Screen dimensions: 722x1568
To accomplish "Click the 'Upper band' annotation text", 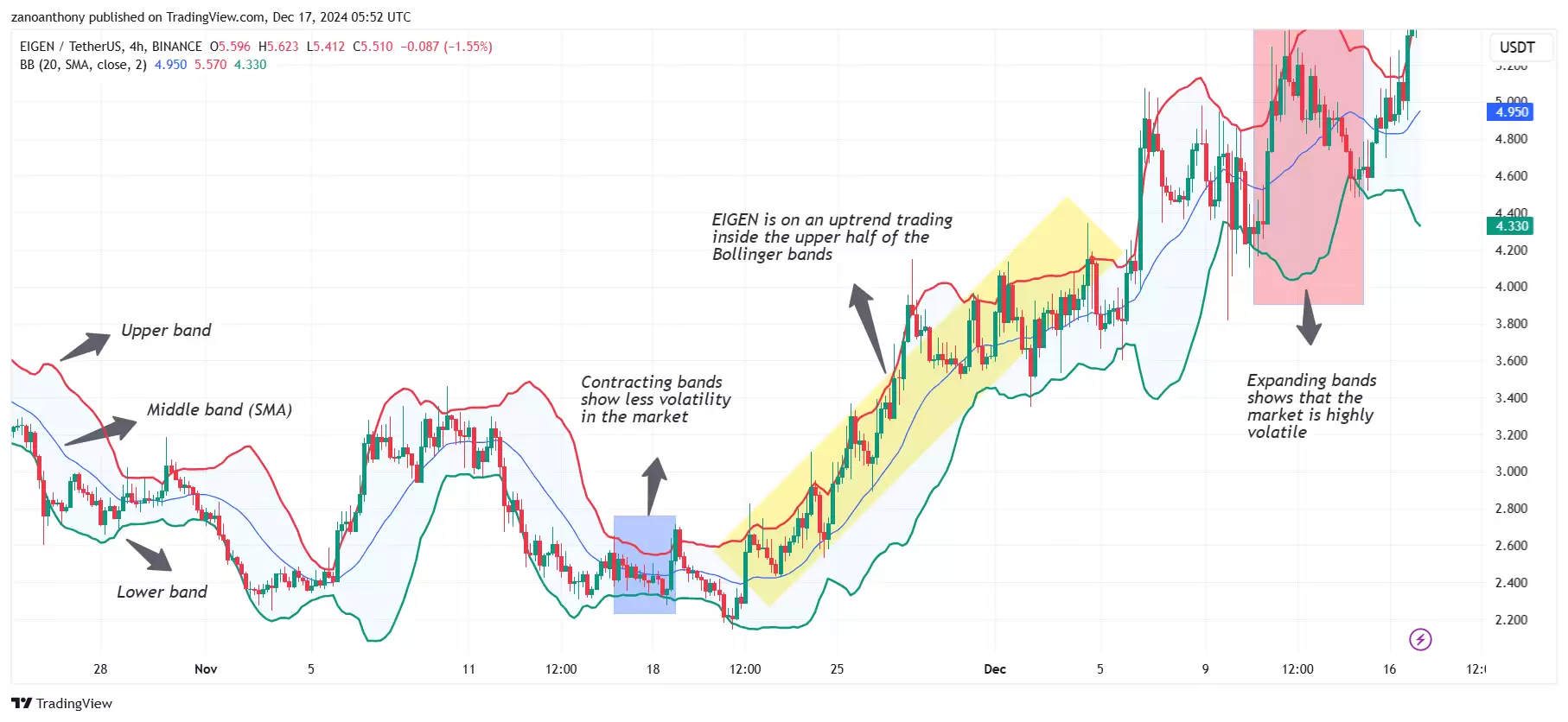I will (166, 331).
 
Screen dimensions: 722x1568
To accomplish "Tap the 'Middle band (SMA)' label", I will (219, 410).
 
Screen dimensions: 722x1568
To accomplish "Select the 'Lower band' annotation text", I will (162, 592).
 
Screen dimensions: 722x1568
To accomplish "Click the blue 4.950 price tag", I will (1511, 112).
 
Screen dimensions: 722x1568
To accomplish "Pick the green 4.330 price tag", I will (1511, 226).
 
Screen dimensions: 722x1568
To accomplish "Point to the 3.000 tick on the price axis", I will (1511, 472).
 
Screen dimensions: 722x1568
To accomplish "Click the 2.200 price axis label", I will (1511, 620).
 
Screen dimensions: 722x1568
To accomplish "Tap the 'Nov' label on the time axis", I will (206, 669).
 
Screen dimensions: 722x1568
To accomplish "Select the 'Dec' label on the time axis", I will (995, 669).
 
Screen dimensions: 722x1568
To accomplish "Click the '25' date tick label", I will (837, 669).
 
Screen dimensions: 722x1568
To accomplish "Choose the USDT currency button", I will (1517, 47).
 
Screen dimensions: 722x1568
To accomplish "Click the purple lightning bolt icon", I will (1420, 640).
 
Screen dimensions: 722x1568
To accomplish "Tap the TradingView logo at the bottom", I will (61, 703).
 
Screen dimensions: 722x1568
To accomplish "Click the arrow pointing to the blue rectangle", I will (654, 484).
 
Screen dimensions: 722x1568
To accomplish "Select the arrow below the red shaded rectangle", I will (1309, 319).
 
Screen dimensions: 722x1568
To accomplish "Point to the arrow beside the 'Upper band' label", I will (86, 345).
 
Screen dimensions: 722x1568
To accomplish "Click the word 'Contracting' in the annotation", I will (616, 383).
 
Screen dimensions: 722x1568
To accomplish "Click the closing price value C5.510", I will (373, 47).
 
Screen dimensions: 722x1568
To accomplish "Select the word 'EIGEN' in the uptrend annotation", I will (735, 220).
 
